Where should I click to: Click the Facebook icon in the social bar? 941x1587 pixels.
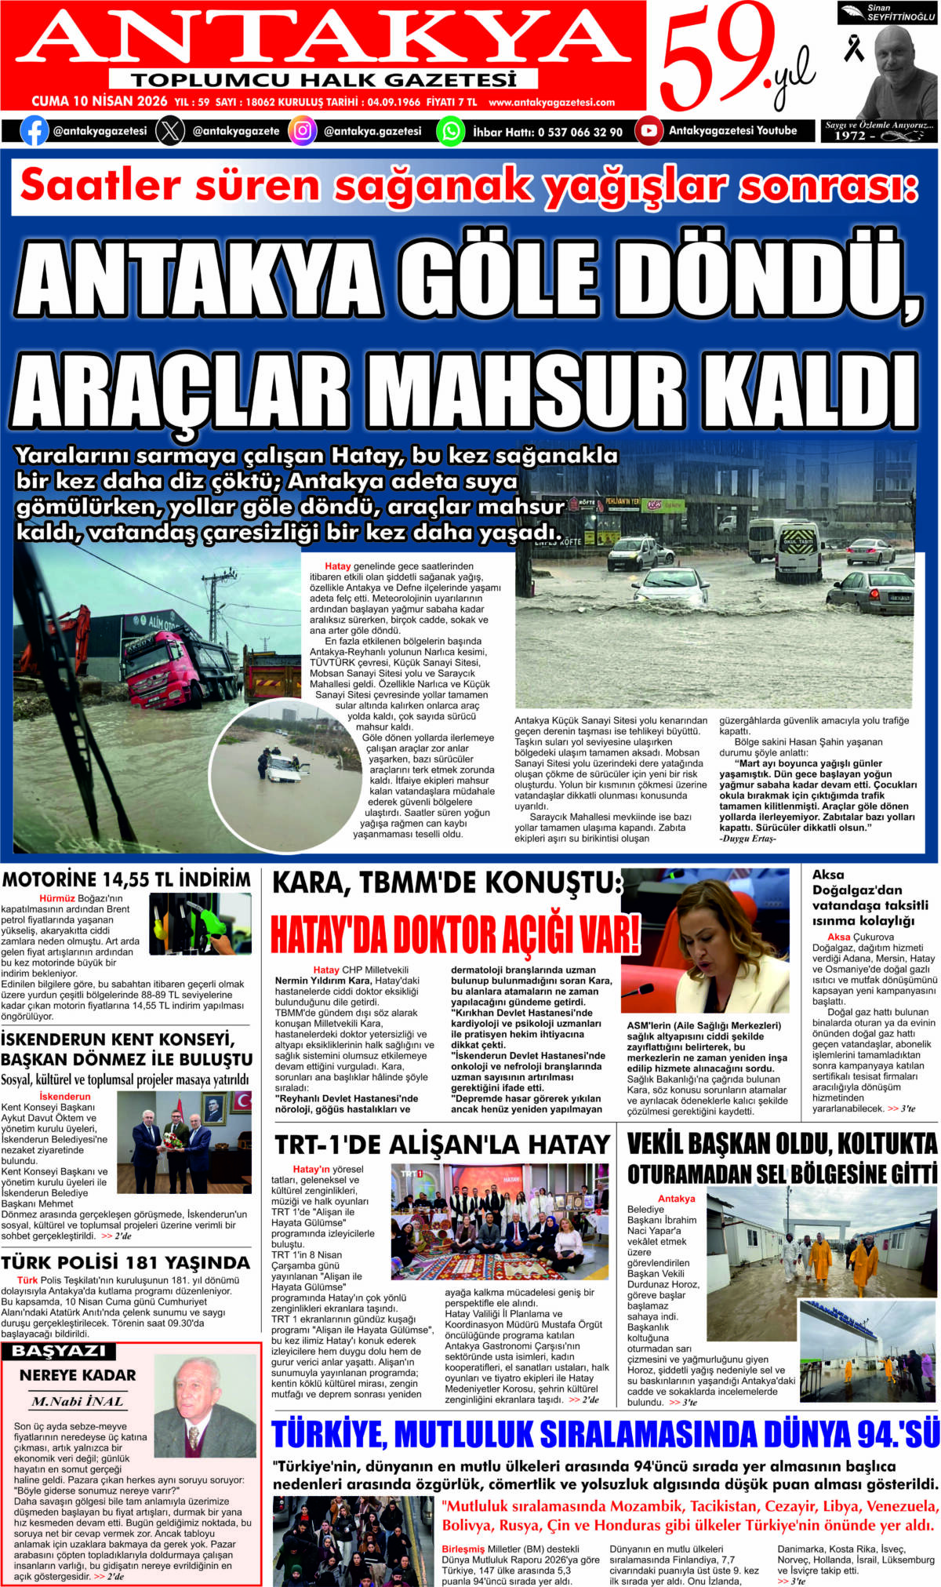(34, 131)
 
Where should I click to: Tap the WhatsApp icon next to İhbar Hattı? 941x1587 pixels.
(451, 131)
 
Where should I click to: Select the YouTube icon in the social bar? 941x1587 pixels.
(649, 131)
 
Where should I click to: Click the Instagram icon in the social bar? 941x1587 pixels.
(303, 131)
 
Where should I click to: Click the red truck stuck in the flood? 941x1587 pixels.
(173, 662)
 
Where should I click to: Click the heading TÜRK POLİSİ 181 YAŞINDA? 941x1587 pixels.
(125, 1262)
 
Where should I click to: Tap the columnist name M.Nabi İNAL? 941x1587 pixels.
(77, 1401)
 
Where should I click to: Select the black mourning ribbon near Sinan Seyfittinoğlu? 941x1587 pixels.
(853, 49)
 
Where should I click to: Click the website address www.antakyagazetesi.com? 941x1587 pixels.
(551, 102)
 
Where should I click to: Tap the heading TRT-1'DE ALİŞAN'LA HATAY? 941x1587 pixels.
(441, 1145)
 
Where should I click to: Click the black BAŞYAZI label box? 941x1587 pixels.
(59, 1351)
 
